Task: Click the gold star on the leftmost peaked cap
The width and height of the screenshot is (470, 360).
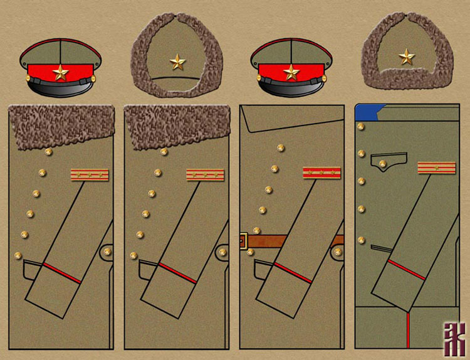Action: coord(60,73)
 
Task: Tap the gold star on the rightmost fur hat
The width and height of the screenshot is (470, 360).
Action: coord(406,58)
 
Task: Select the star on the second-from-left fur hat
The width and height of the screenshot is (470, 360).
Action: coord(177,61)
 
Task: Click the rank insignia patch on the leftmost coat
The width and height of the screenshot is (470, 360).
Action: coord(89,174)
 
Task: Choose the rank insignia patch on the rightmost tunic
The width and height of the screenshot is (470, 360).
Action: coord(437,167)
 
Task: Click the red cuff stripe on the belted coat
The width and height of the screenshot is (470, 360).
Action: coord(293,273)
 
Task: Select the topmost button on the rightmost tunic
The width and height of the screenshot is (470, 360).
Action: coord(361,127)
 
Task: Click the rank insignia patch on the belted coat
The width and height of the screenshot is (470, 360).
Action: coord(321,172)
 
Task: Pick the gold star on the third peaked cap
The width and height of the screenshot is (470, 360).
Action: coord(291,73)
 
